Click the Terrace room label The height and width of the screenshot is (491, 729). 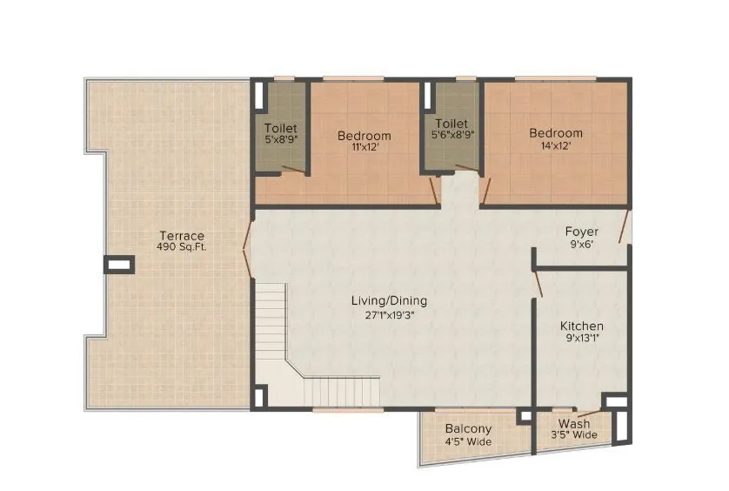[181, 236]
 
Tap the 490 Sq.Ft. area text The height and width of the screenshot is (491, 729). [181, 247]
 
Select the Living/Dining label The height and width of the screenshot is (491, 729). [389, 301]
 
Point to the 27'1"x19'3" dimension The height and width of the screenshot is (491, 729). [389, 315]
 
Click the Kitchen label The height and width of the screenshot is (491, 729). [581, 326]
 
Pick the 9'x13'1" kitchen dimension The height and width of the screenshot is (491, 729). [581, 339]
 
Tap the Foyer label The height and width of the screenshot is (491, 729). [580, 232]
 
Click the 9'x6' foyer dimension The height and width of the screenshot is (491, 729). [580, 245]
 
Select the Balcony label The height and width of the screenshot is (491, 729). [468, 429]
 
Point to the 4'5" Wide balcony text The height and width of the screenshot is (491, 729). [468, 441]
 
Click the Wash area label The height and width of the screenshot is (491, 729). [573, 424]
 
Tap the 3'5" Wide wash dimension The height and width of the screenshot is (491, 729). [573, 435]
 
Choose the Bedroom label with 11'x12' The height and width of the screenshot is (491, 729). [364, 136]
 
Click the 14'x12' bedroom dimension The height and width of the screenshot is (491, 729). [556, 146]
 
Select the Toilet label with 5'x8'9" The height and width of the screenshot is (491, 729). [280, 128]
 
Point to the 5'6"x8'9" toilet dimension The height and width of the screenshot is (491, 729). [452, 135]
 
